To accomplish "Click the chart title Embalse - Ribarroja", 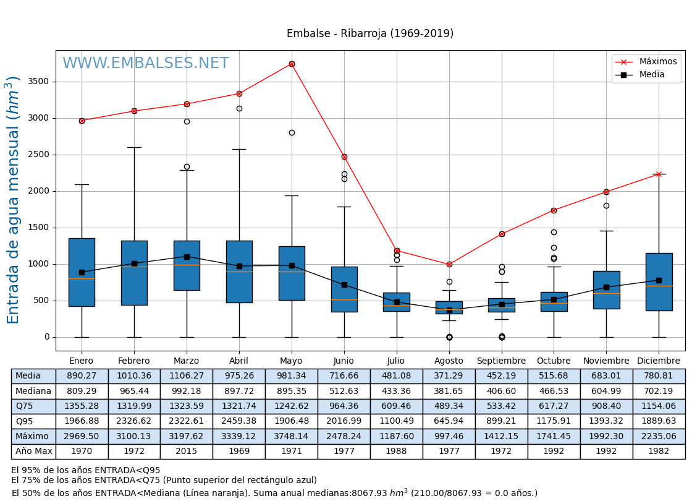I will [x=369, y=33].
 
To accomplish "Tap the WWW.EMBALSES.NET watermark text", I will [x=145, y=64].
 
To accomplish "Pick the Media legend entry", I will [x=652, y=75].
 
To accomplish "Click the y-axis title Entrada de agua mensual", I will [x=14, y=199].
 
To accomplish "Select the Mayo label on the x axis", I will [x=291, y=361].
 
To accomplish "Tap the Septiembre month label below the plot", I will [x=501, y=361].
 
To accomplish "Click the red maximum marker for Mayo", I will [x=292, y=64].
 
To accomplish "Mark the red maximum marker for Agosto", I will [x=449, y=264].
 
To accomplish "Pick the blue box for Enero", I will [x=82, y=272].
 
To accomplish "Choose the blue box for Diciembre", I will [x=659, y=281].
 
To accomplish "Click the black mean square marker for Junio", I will [x=344, y=285].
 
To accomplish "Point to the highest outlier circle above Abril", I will [x=239, y=108].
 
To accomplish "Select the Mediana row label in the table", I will [x=33, y=391].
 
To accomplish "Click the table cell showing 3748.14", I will [x=291, y=436].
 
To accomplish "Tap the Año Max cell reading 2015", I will [x=186, y=452].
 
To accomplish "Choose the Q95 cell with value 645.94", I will [x=449, y=421].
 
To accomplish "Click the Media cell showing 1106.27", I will [x=186, y=376].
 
